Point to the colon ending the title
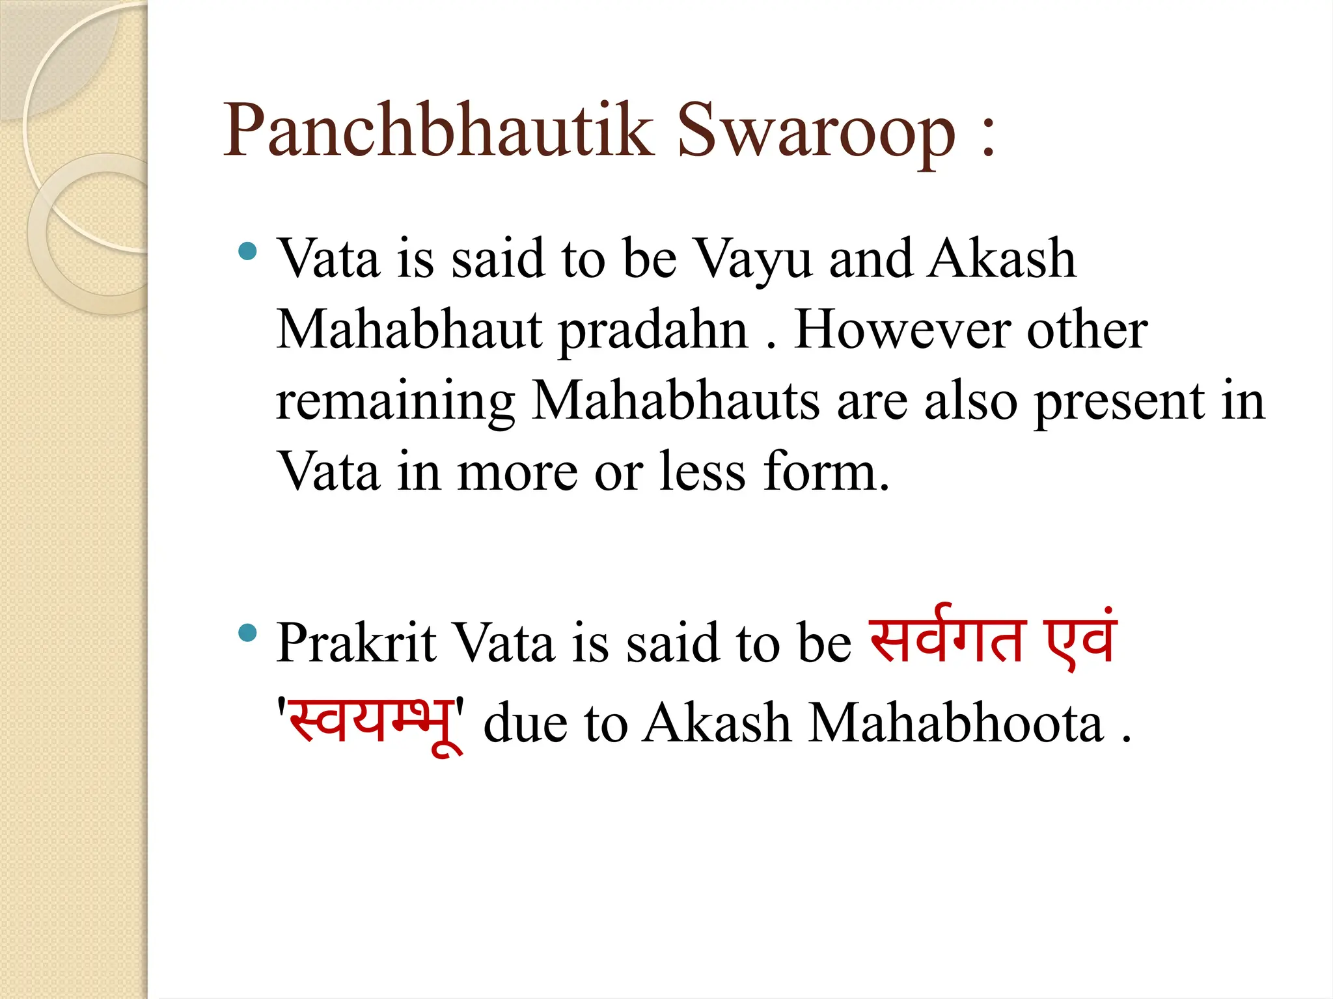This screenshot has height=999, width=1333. click(x=988, y=139)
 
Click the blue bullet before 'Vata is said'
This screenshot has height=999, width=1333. click(x=247, y=250)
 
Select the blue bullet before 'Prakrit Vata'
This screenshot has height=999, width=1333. click(x=247, y=632)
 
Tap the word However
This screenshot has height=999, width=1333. click(x=901, y=330)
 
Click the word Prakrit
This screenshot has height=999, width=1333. click(x=356, y=643)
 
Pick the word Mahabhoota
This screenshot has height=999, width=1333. click(x=956, y=723)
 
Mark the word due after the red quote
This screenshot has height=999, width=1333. click(x=525, y=723)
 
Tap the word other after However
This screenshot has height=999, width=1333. click(x=1086, y=330)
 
